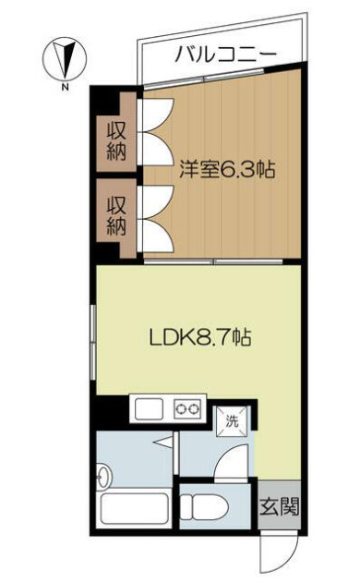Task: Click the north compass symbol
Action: coord(65,59)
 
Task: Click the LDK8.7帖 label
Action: coord(200,337)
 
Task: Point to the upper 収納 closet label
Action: coord(116,141)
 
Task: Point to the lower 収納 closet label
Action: coord(116,216)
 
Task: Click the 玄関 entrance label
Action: coord(279,506)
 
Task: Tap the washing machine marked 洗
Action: coord(232,421)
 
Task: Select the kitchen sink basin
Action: coord(149,409)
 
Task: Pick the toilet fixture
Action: coord(205,506)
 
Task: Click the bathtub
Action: coord(135,510)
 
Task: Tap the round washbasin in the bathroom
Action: coord(103,475)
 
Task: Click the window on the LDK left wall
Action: coord(93,342)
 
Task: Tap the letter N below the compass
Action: coord(65,88)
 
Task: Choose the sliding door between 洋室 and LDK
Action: coord(213,261)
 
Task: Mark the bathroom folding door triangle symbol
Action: coord(163,443)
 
